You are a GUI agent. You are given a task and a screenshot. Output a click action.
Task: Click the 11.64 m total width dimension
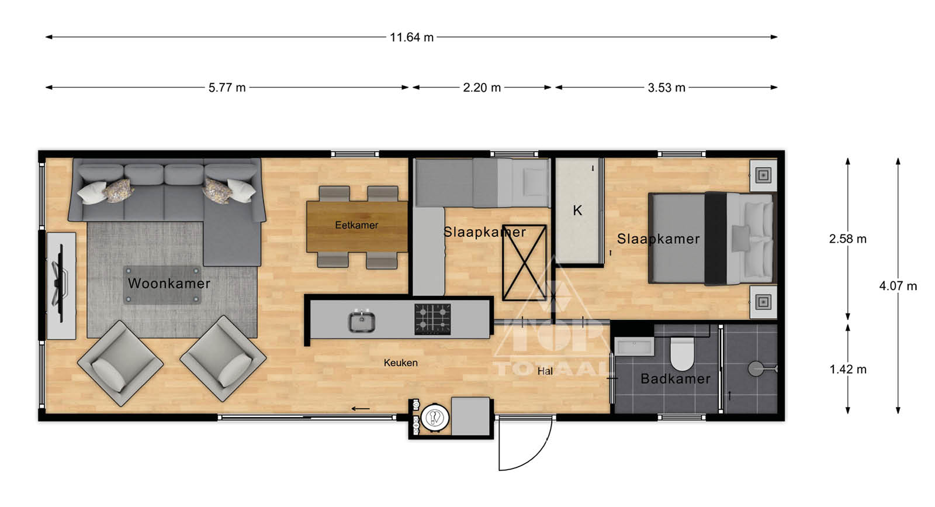[411, 37]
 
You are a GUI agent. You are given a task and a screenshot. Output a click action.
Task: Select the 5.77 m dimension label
[227, 88]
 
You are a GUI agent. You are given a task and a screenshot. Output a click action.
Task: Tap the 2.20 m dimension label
[482, 88]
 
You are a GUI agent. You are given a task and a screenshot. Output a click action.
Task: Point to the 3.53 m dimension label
[667, 88]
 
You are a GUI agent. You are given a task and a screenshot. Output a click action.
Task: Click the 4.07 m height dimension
[898, 286]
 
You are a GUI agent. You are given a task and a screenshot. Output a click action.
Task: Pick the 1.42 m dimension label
[848, 370]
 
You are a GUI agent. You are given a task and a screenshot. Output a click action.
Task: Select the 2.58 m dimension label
[848, 239]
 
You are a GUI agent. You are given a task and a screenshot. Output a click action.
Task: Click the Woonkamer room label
[169, 284]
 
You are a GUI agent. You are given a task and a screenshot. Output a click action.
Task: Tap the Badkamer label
[676, 379]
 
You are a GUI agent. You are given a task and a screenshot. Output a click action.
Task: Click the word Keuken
[401, 363]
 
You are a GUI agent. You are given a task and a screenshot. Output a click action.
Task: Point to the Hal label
[545, 371]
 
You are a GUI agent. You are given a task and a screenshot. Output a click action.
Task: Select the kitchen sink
[362, 321]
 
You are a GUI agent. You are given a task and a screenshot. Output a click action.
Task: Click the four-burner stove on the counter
[432, 319]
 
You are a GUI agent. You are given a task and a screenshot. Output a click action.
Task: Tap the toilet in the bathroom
[681, 353]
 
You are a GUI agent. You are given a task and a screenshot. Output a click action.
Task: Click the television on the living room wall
[60, 284]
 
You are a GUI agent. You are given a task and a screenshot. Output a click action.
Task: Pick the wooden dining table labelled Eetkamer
[357, 227]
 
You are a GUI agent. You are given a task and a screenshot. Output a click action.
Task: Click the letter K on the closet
[577, 211]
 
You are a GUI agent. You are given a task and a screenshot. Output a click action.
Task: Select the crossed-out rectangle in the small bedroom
[524, 263]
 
